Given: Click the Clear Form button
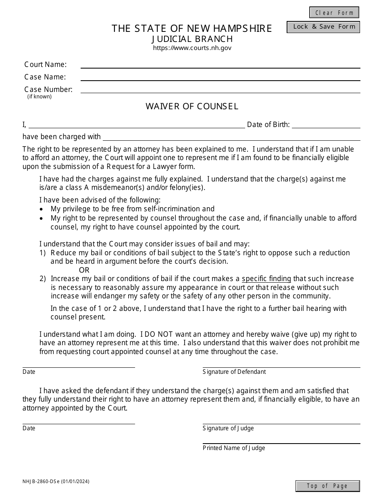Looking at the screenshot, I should (x=334, y=13).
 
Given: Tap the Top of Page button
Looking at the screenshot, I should (x=327, y=486).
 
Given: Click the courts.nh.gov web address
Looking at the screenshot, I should (x=192, y=48).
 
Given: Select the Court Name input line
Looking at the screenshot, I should (x=220, y=65).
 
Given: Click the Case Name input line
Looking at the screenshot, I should (x=220, y=77).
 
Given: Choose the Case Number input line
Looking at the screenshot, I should (x=220, y=90).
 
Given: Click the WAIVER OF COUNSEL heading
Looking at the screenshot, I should (x=192, y=106).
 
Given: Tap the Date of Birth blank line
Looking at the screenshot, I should (x=326, y=125).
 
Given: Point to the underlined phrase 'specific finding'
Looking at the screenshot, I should (x=266, y=279).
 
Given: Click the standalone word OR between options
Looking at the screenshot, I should (x=84, y=270).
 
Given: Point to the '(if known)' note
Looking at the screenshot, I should (x=40, y=97).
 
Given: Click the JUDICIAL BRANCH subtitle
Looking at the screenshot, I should (x=192, y=39).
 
